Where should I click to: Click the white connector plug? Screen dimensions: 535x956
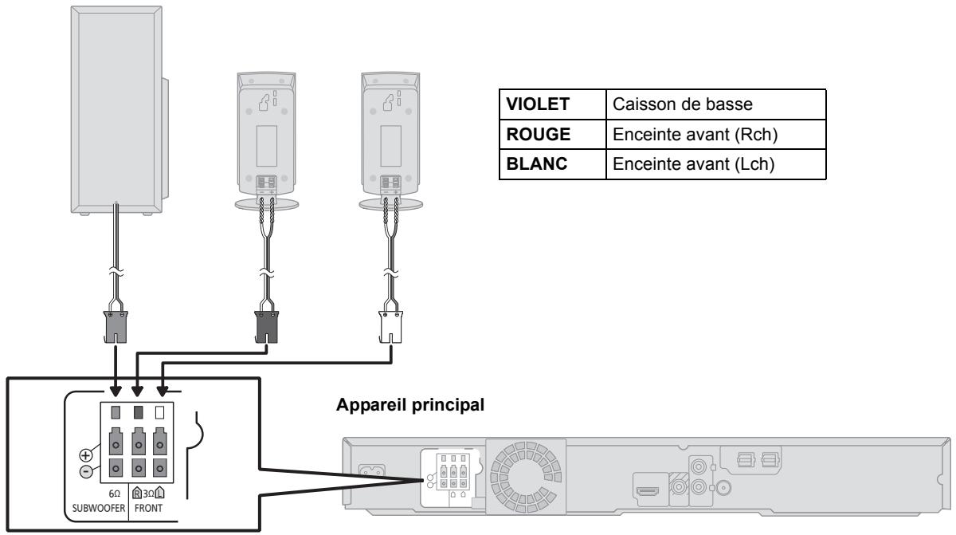[390, 328]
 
